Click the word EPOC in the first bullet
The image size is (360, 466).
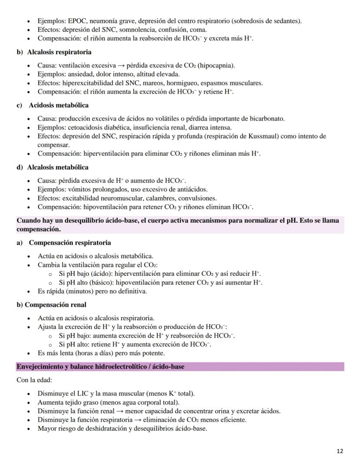click(77, 21)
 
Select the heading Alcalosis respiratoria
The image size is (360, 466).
click(59, 52)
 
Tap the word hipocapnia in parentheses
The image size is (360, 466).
click(216, 66)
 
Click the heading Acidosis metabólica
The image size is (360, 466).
click(59, 105)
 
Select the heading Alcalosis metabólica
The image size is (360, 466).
click(57, 168)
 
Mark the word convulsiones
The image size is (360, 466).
click(198, 198)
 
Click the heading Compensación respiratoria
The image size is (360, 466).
click(70, 243)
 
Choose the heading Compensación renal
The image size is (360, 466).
click(55, 305)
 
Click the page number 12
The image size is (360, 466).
click(340, 451)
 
